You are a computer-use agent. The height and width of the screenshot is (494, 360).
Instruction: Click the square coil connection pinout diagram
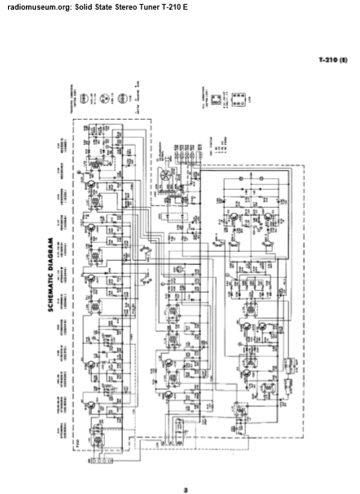pos(216,99)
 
